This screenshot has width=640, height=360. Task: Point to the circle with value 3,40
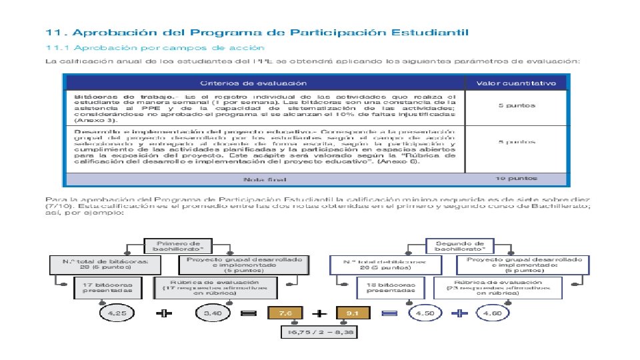[213, 312]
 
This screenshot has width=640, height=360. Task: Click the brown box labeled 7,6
[285, 312]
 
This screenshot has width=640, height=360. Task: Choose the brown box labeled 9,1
[353, 312]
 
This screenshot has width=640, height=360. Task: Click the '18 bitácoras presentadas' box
[387, 287]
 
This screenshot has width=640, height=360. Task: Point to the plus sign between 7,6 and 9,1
[319, 312]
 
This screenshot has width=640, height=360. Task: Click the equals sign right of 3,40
[248, 312]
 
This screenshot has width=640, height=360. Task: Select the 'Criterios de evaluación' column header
[263, 83]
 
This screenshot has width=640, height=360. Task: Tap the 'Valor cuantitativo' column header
[515, 83]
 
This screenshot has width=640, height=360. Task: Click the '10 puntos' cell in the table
[515, 179]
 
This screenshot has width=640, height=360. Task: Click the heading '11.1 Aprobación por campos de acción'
[155, 48]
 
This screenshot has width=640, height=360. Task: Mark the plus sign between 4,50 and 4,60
[459, 313]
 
